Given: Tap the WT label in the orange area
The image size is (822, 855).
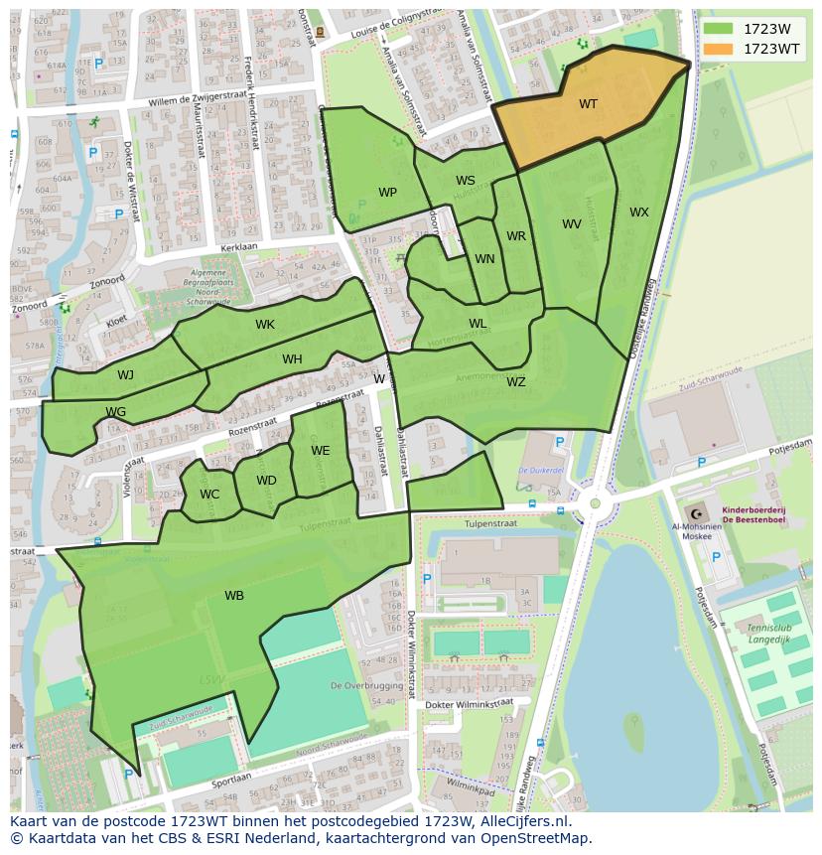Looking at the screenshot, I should click(x=588, y=104).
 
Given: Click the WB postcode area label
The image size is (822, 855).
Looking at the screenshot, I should click(x=234, y=596).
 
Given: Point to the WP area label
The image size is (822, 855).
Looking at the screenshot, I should click(x=387, y=193).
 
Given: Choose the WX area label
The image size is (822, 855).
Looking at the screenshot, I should click(x=638, y=213).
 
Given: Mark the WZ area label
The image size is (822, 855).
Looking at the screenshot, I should click(x=516, y=382).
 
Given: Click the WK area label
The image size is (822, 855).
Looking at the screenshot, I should click(x=265, y=325).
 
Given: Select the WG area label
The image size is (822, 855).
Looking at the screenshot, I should click(x=116, y=412).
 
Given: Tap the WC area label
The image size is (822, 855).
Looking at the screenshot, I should click(x=209, y=495).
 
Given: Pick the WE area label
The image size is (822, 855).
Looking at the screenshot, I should click(x=320, y=451).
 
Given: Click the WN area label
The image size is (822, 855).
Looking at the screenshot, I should click(x=484, y=259).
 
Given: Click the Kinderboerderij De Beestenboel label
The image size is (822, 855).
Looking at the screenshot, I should click(x=753, y=513).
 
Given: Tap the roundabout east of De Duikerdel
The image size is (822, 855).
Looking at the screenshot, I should click(x=595, y=503).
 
